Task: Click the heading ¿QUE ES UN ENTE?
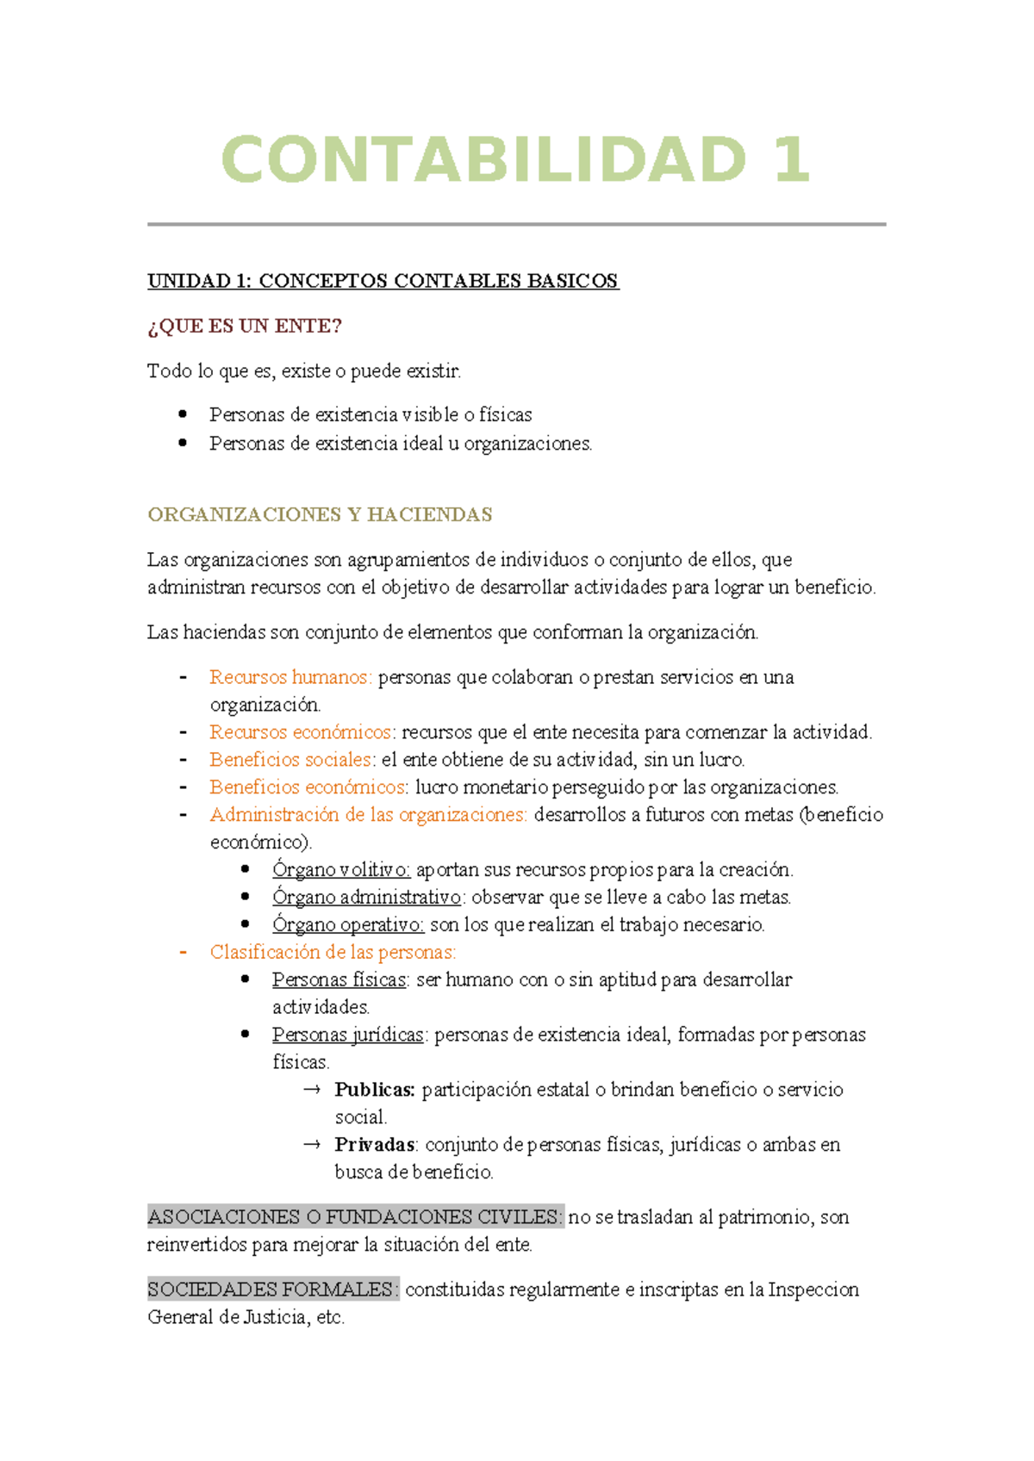245,326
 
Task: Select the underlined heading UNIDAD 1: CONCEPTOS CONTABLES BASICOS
383,281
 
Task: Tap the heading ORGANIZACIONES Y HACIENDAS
320,514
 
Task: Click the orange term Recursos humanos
290,677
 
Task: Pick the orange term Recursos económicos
301,732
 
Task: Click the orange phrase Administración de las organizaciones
368,815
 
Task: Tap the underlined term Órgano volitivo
341,870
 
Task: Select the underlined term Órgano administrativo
367,898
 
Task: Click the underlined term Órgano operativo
348,925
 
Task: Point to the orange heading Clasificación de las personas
333,953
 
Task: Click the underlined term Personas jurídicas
348,1035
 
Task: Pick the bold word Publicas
375,1090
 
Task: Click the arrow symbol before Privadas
312,1145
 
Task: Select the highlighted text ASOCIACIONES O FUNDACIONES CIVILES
355,1217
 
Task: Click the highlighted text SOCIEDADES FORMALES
272,1290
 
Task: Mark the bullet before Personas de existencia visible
183,414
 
